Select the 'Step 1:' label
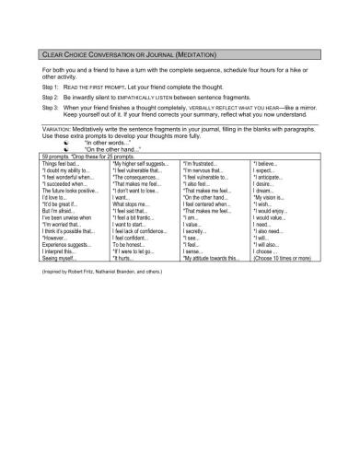coord(52,85)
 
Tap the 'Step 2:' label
coord(52,96)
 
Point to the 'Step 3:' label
coord(52,107)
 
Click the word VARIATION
coord(58,130)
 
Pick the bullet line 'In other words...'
coord(109,144)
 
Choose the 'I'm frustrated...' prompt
coord(203,163)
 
